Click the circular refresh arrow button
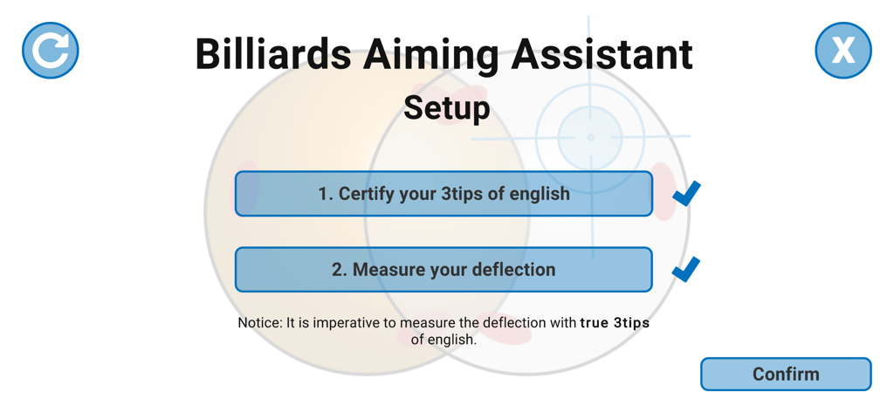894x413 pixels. tap(51, 51)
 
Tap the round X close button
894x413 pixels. tap(842, 51)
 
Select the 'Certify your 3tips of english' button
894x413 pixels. tap(444, 194)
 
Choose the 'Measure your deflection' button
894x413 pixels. tap(444, 270)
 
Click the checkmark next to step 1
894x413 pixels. tap(687, 193)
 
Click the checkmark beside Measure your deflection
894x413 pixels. tap(687, 269)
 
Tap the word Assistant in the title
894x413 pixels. tap(602, 54)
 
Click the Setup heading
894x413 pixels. tap(446, 108)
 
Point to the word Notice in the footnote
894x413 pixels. tap(259, 323)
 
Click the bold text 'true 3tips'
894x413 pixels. tap(615, 323)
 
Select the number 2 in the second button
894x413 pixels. tap(339, 270)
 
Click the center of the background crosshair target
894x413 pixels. tap(590, 137)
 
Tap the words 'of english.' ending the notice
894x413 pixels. tap(444, 340)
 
